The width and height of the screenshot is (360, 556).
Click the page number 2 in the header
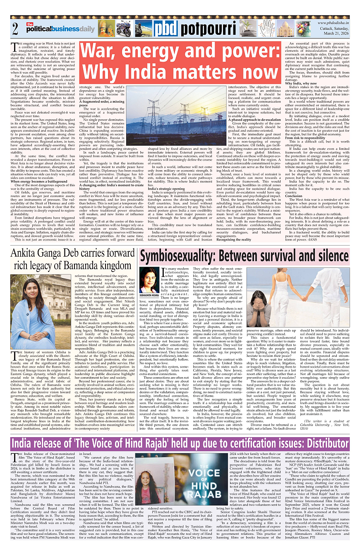[x=15, y=29]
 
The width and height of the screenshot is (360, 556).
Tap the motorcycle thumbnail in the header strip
[x=123, y=29]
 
